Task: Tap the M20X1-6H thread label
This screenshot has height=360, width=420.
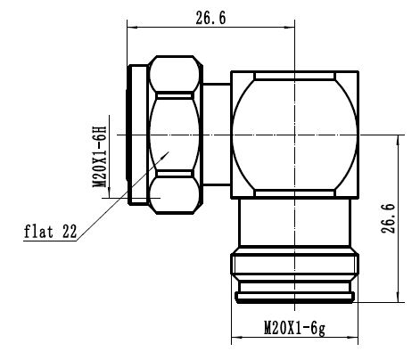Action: click(101, 152)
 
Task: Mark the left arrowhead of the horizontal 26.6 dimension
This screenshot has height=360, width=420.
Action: click(131, 28)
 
